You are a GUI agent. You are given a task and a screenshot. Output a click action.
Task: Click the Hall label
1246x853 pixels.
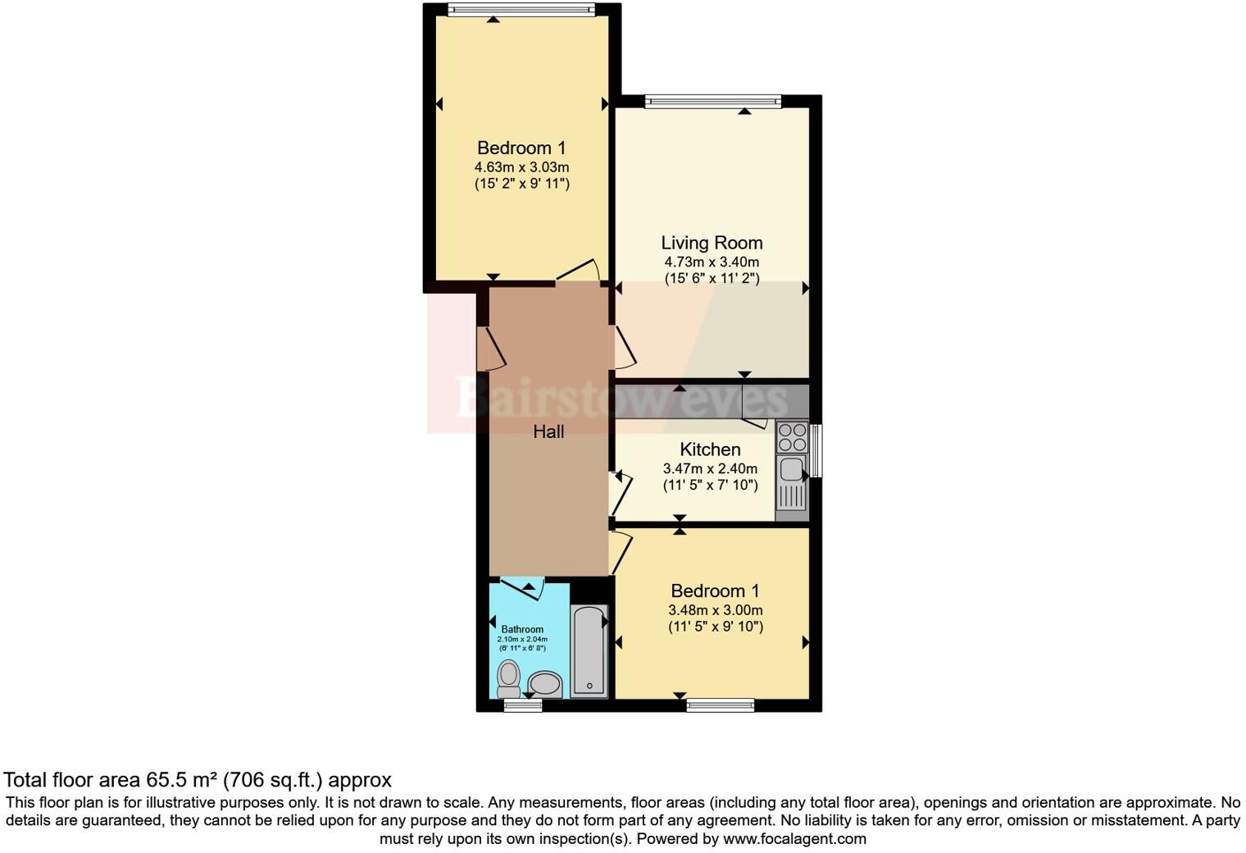click(x=548, y=431)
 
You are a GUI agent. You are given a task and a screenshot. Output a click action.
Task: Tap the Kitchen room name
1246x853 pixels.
click(x=710, y=449)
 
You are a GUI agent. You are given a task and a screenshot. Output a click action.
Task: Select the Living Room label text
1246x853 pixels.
click(x=712, y=243)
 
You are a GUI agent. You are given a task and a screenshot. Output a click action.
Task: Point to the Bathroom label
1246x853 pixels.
click(x=522, y=630)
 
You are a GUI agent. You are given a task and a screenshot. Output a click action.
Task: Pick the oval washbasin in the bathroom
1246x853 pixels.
click(x=545, y=683)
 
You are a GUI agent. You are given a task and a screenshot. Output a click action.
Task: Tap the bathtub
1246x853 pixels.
click(x=589, y=651)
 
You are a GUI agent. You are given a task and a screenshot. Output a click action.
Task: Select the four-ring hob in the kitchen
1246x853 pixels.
click(x=792, y=437)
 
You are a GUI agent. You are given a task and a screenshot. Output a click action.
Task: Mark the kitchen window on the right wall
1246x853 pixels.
click(x=816, y=450)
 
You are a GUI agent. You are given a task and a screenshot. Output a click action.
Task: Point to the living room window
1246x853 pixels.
click(x=712, y=102)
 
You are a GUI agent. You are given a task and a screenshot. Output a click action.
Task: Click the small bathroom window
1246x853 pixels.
click(x=522, y=705)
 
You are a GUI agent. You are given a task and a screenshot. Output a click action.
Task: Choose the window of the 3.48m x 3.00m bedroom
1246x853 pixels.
click(x=720, y=705)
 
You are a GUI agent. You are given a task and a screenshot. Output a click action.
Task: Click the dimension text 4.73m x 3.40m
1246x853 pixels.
click(x=712, y=262)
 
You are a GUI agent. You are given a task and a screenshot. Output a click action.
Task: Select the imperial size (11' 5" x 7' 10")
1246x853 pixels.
click(x=710, y=486)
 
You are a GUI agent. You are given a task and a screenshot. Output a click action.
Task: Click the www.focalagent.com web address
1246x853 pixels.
click(x=794, y=839)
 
